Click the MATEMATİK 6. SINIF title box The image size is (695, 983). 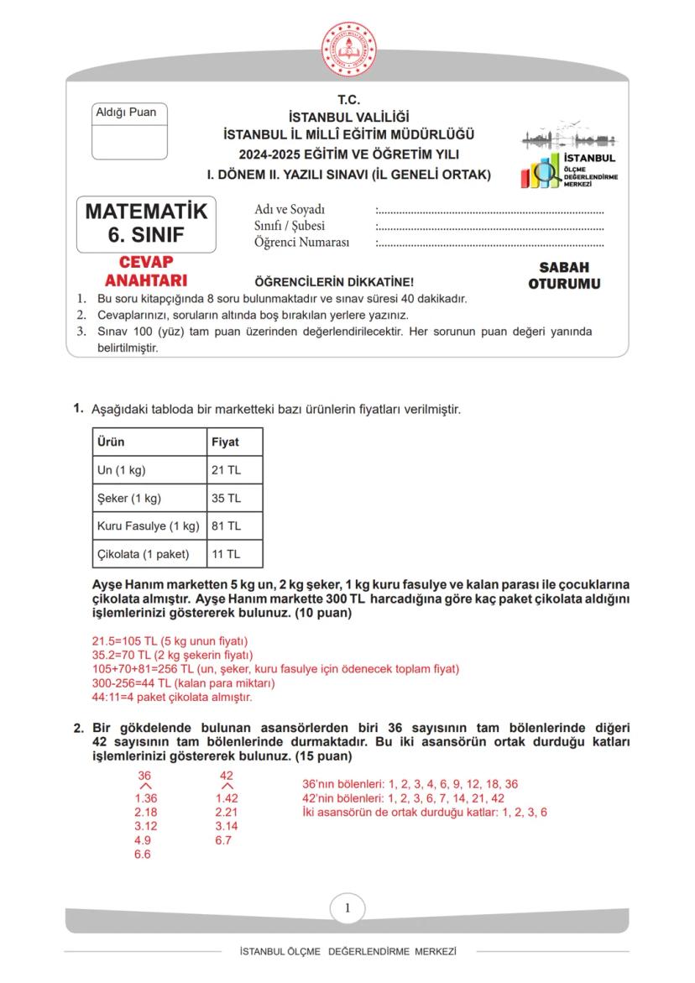point(146,223)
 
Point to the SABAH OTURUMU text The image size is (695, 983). point(564,275)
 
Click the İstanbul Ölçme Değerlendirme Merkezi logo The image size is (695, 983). point(568,159)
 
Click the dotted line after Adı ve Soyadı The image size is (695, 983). point(489,210)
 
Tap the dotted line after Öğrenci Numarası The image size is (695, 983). point(489,243)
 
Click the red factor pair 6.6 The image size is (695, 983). point(144,855)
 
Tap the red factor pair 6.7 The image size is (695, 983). point(223,840)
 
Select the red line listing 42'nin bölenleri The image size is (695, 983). point(403,797)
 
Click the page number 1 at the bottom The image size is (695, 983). point(347,907)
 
